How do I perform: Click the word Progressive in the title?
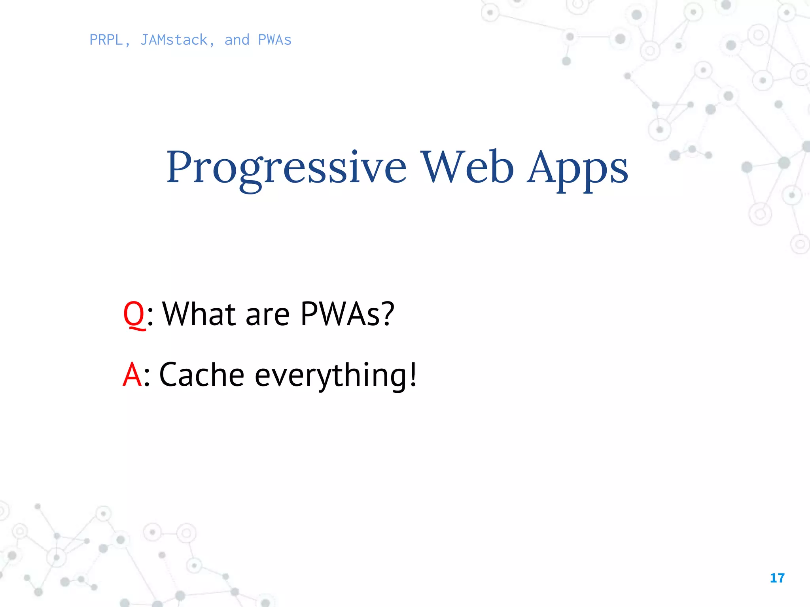pos(286,168)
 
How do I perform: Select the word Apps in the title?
pos(577,168)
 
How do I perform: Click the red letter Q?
pos(134,314)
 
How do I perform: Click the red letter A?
pos(132,375)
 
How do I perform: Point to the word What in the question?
pos(199,314)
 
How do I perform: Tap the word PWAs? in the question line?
pos(347,314)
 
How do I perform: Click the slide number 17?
pos(777,578)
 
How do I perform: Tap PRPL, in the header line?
pos(110,40)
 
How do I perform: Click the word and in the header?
pos(237,40)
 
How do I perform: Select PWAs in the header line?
pos(274,40)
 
